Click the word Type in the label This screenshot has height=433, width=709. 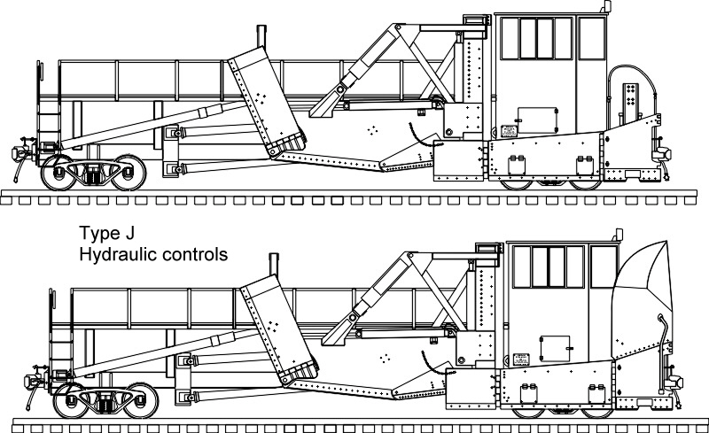(x=99, y=236)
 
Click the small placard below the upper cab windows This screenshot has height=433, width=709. (x=509, y=131)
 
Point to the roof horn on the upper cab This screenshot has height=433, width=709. (x=606, y=8)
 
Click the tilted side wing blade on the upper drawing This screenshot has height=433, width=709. (x=266, y=102)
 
